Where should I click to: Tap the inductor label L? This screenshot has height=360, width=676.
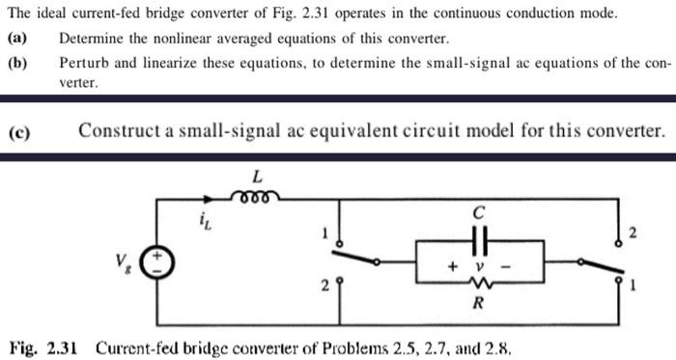click(257, 177)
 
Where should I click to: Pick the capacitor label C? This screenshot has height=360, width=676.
click(478, 211)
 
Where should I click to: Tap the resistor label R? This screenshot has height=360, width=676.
click(478, 304)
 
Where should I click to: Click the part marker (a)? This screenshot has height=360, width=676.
click(16, 40)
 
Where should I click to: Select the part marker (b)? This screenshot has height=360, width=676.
click(16, 63)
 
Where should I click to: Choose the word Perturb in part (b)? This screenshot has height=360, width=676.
click(84, 63)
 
